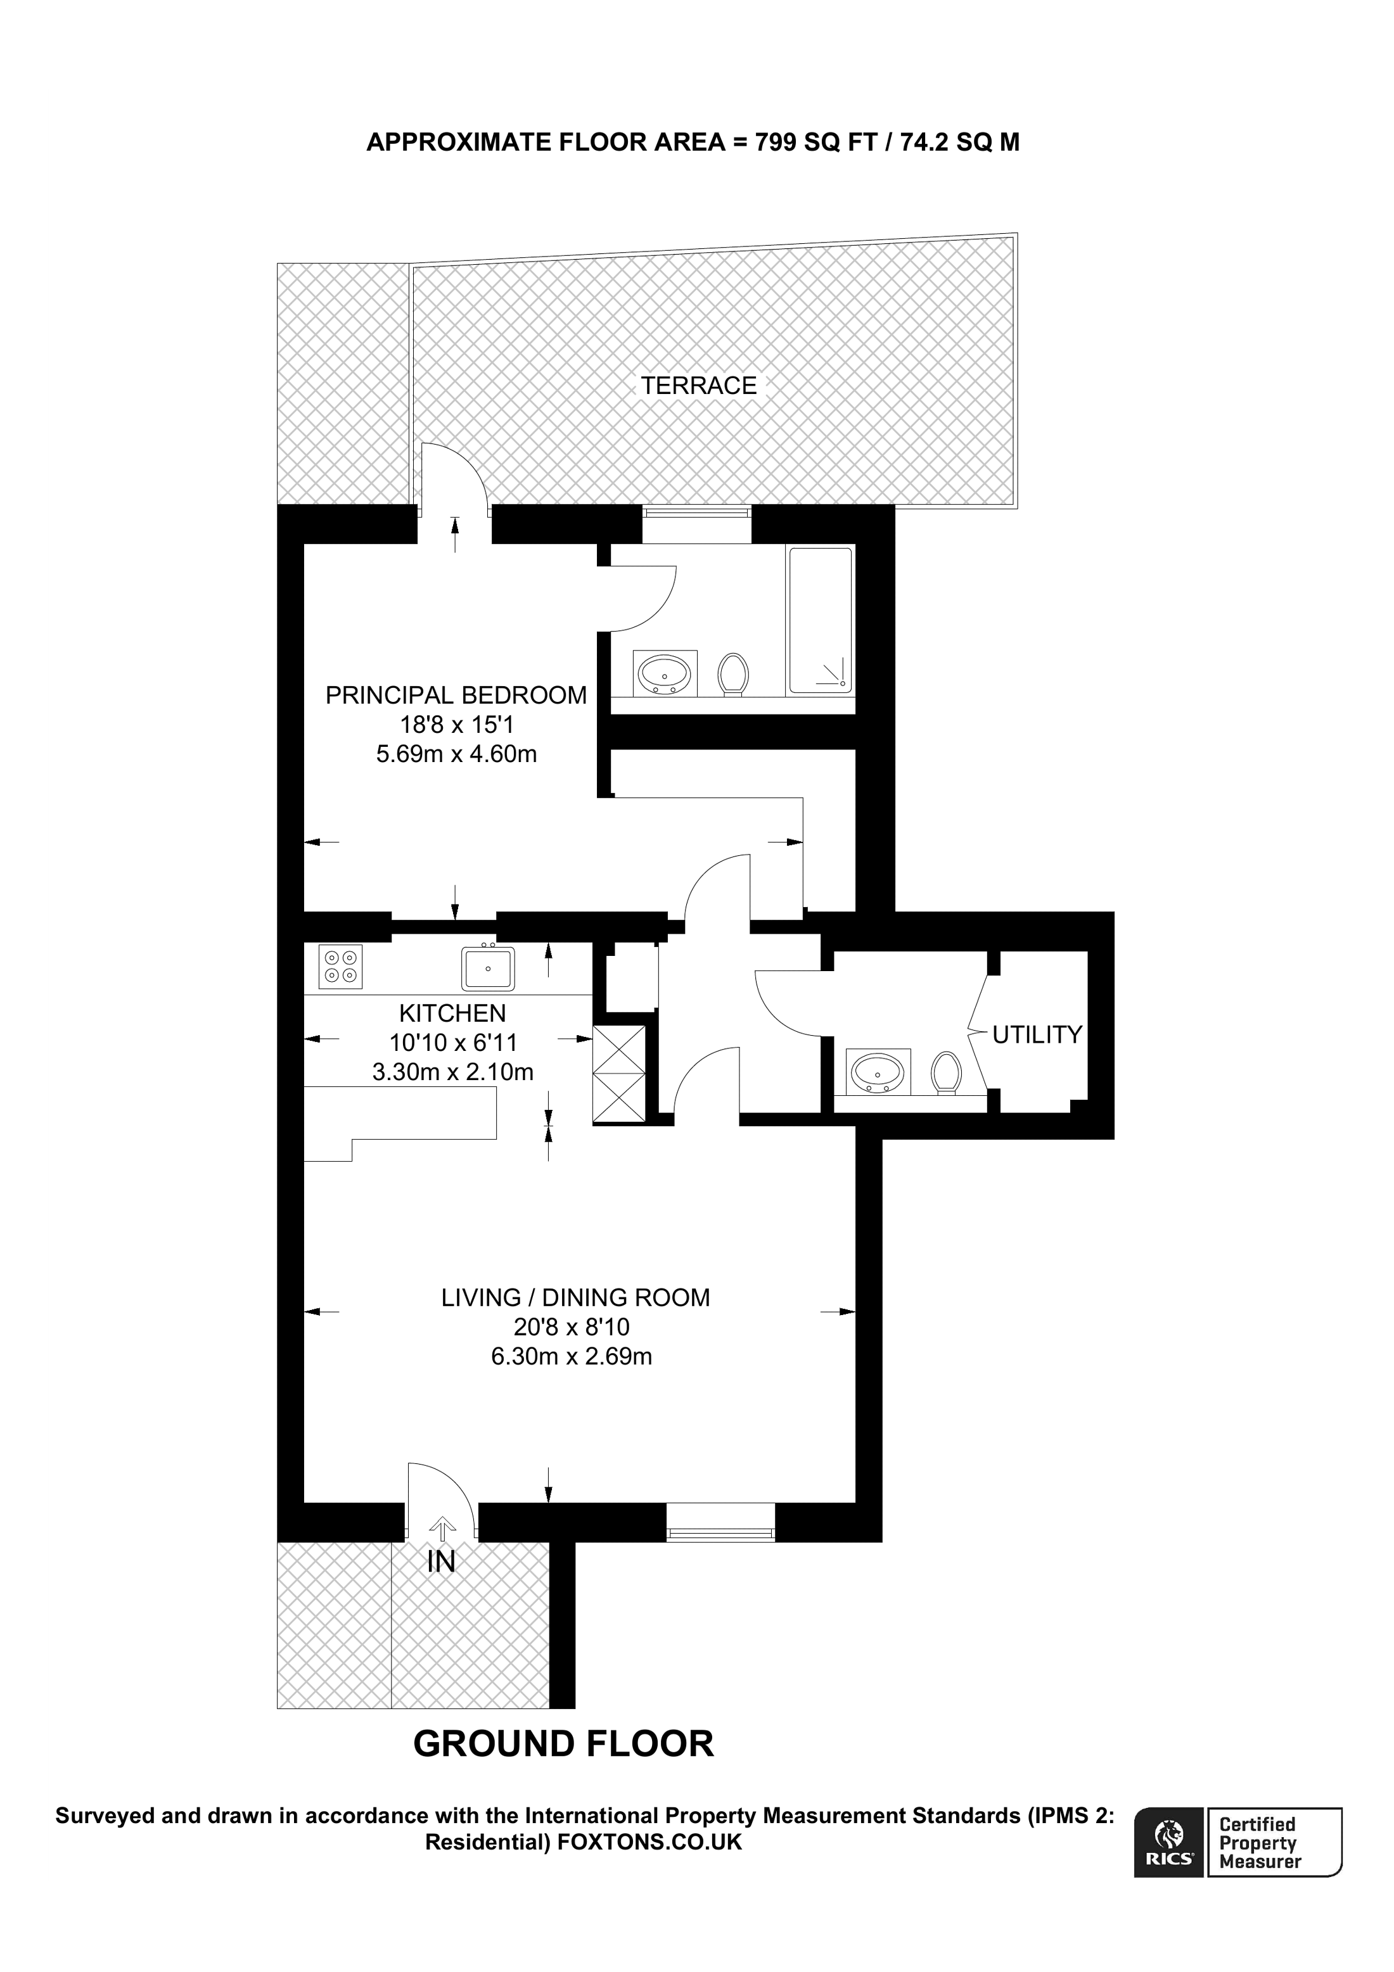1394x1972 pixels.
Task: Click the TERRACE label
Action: pyautogui.click(x=698, y=386)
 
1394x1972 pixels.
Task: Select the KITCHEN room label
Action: pyautogui.click(x=452, y=1013)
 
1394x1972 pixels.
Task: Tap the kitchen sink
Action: pyautogui.click(x=487, y=968)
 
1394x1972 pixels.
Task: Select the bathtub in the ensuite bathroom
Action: pyautogui.click(x=821, y=620)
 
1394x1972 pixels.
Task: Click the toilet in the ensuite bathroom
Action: pyautogui.click(x=732, y=673)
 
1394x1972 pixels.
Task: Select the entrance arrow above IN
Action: pyautogui.click(x=442, y=1529)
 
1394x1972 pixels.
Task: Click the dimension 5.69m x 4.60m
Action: pyautogui.click(x=456, y=754)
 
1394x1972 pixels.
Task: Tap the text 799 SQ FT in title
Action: pyautogui.click(x=815, y=142)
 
